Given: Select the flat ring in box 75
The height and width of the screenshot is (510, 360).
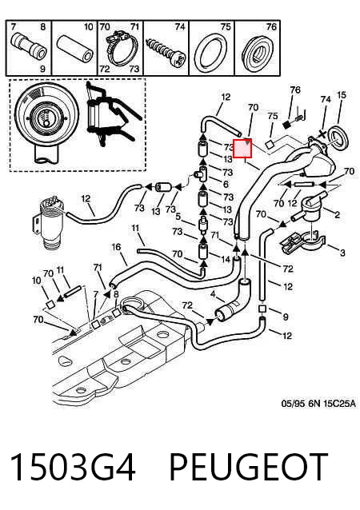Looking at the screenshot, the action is coord(211,52).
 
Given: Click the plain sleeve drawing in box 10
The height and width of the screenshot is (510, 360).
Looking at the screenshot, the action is coord(75,50).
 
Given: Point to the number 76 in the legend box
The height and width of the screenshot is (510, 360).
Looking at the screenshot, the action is coord(271,27).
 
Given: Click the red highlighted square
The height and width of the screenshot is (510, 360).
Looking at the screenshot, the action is coord(242,148).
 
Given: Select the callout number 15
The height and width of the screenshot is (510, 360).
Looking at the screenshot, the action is coord(341,95).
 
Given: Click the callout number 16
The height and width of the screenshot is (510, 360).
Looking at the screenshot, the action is coord(116,247).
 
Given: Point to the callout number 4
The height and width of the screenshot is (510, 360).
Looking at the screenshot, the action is coord(213,294).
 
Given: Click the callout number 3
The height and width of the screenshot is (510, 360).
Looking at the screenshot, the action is coord(342,253).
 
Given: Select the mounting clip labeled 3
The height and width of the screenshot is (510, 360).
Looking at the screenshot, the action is coord(302,242).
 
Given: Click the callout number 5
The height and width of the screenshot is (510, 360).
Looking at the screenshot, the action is coord(178,217).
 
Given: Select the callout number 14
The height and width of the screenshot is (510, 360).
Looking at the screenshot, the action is coord(226,259).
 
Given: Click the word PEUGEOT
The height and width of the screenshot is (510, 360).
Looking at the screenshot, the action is coord(248,466).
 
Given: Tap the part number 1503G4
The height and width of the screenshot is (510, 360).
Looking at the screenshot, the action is coord(73,466).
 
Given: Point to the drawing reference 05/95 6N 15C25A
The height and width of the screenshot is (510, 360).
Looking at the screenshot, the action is coord(318,404).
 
